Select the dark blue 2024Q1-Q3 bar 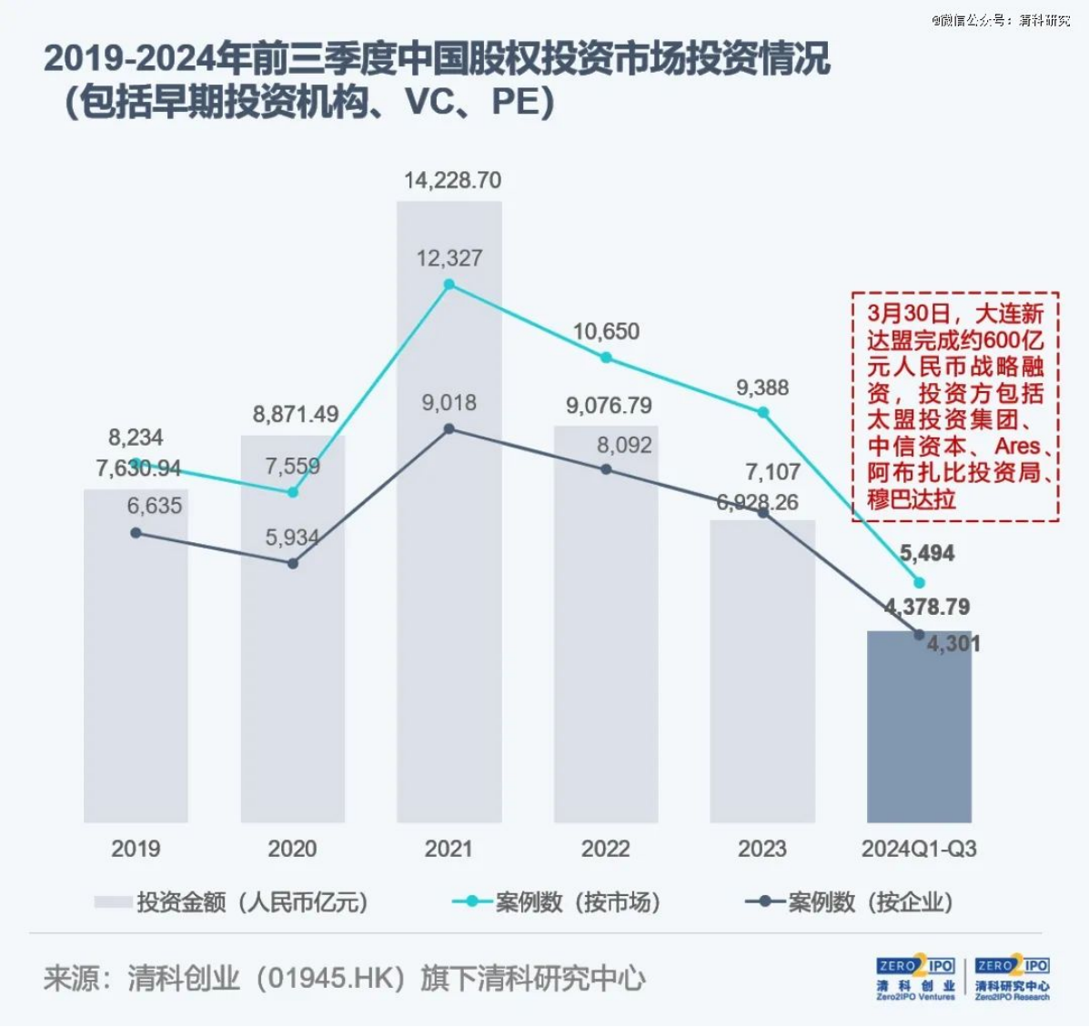coord(919,737)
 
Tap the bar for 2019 coord(136,673)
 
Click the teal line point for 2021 coord(449,285)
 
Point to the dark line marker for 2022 coord(606,469)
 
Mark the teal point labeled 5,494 coord(919,582)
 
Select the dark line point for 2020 coord(292,564)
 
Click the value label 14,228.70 coord(452,180)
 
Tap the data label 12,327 coord(449,258)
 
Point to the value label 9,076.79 coord(609,406)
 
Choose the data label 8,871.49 coord(296,415)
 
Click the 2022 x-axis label coord(606,849)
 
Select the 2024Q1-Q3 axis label coord(919,849)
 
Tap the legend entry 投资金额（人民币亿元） coord(232,902)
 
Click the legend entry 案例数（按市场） coord(557,902)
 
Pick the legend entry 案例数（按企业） coord(850,902)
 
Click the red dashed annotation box coord(955,406)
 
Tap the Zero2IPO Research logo coord(1012,978)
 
